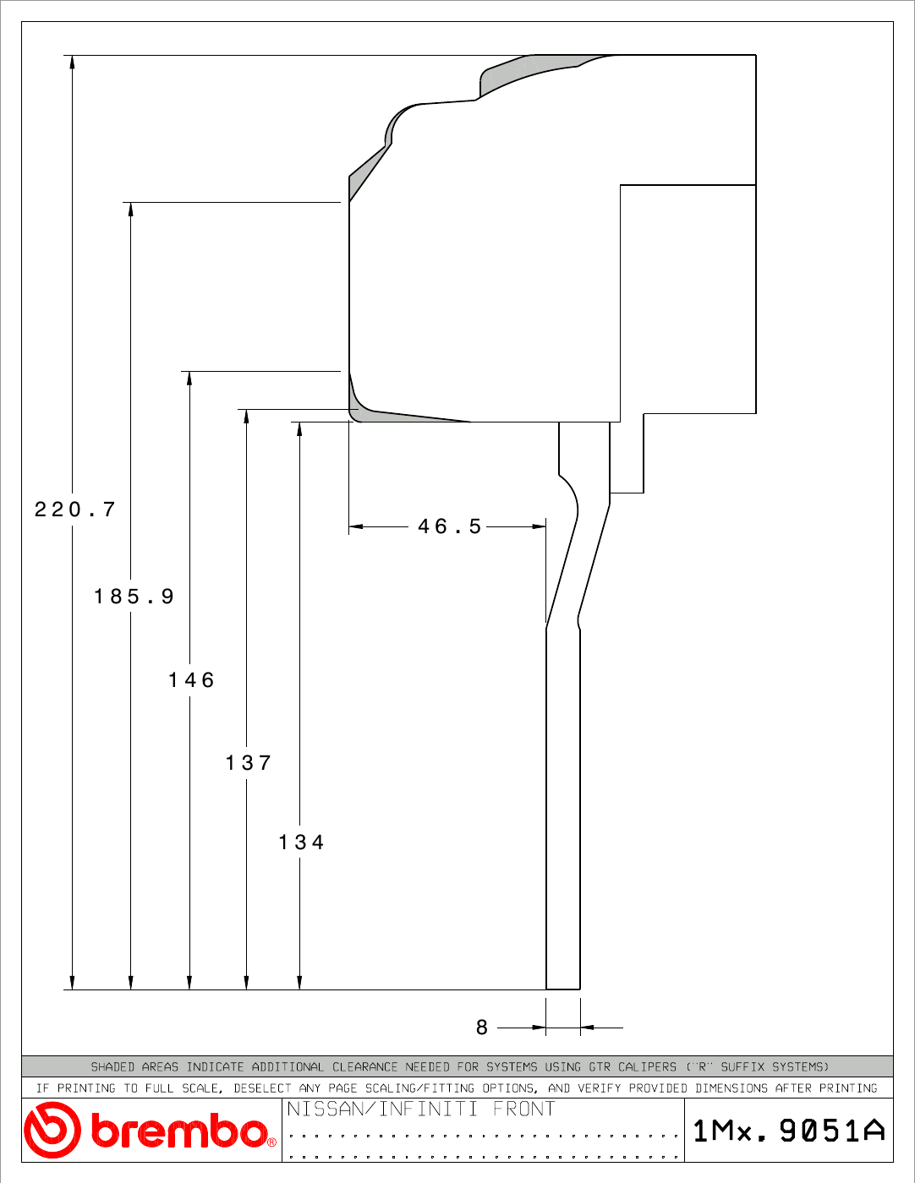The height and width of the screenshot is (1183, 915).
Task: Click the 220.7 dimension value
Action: (x=75, y=510)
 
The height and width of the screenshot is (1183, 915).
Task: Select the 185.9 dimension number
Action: (x=134, y=596)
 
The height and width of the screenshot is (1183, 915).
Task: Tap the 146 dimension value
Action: (x=192, y=680)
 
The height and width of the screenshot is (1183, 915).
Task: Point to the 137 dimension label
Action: (x=249, y=763)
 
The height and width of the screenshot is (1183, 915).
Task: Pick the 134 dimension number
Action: (x=302, y=842)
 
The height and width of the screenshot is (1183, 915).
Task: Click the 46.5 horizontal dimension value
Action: (x=450, y=526)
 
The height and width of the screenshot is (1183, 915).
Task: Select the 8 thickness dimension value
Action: (x=482, y=1028)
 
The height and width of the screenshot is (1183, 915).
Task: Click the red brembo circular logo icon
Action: (x=52, y=1131)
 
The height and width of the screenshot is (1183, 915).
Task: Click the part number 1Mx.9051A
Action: (x=789, y=1131)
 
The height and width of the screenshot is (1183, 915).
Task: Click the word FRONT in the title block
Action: (x=524, y=1109)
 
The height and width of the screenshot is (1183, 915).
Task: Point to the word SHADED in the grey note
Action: (x=112, y=1066)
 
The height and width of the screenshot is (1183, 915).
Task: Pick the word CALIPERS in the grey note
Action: (x=647, y=1066)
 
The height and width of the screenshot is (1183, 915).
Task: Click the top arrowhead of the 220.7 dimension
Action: (x=72, y=62)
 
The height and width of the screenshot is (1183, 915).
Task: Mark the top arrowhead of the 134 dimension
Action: (x=299, y=428)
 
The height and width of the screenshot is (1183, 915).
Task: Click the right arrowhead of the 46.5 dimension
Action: (x=540, y=526)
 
